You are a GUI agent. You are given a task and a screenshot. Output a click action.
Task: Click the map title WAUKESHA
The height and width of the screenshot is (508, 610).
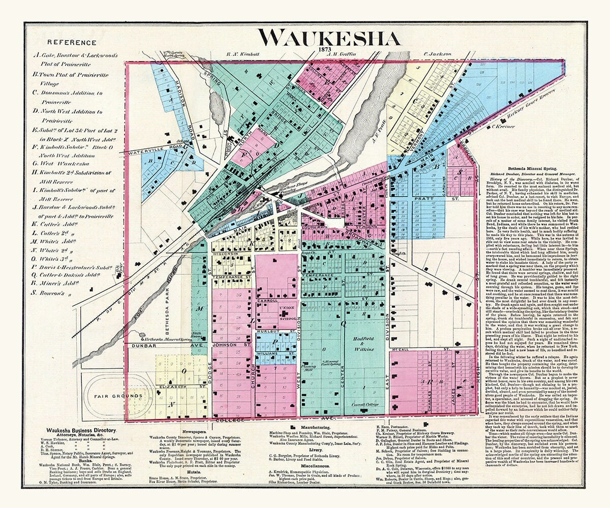tap(328, 38)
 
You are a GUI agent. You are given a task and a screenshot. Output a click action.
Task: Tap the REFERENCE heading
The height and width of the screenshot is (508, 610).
tap(71, 43)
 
